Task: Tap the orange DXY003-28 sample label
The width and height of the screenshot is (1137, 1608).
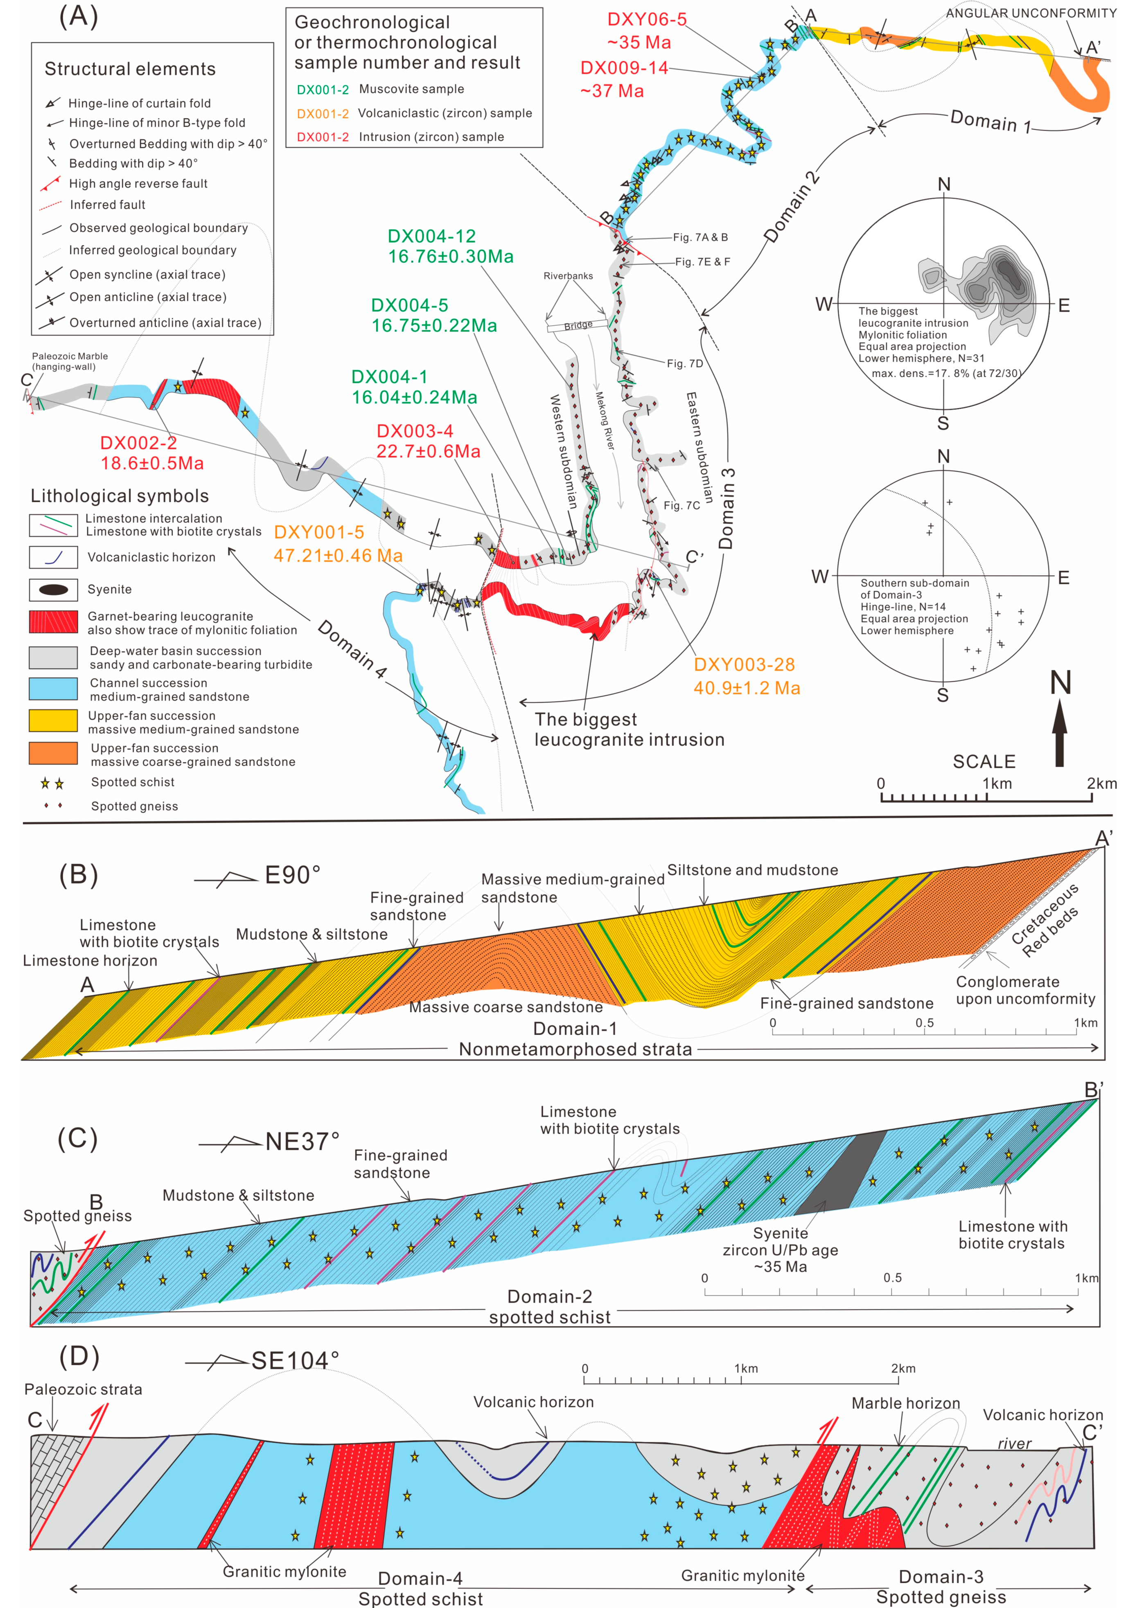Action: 744,664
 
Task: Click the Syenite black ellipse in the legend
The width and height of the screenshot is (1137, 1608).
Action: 53,590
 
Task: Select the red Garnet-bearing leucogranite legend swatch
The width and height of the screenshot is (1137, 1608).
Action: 53,622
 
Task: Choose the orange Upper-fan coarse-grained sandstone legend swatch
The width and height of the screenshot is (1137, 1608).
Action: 53,754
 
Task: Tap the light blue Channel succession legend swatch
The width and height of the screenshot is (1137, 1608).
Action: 53,689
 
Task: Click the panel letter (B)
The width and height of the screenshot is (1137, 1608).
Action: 79,875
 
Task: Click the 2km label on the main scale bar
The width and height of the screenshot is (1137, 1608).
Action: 1101,783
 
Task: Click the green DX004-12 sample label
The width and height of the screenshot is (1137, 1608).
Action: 431,237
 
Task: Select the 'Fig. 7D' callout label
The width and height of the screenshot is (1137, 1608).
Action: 684,363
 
